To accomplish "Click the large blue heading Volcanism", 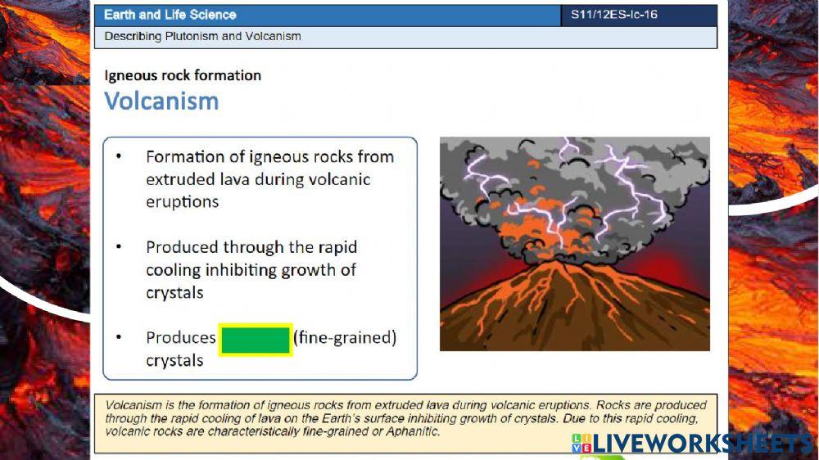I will pyautogui.click(x=161, y=101).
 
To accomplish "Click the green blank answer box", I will pyautogui.click(x=256, y=339).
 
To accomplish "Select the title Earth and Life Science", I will pyautogui.click(x=170, y=15).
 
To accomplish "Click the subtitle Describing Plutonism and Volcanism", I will pyautogui.click(x=202, y=36).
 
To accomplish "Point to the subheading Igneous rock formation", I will pyautogui.click(x=183, y=75).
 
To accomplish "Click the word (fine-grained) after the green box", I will pyautogui.click(x=345, y=337).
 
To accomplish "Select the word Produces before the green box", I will pyautogui.click(x=181, y=337).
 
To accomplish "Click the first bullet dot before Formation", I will pyautogui.click(x=120, y=156).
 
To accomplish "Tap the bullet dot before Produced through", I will pyautogui.click(x=120, y=246).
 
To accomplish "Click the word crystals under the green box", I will pyautogui.click(x=174, y=360).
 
